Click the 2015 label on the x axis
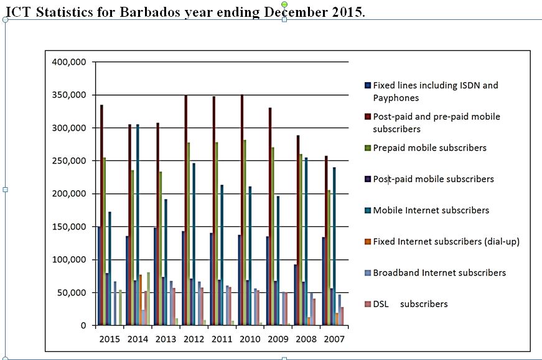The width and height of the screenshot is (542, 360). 110,339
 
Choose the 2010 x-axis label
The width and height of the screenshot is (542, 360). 250,339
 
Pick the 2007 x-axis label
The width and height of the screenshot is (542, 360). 334,339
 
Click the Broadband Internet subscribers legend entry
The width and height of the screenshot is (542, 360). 439,273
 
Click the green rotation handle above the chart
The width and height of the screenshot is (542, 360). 284,5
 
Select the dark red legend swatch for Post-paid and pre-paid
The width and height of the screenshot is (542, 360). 368,117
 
